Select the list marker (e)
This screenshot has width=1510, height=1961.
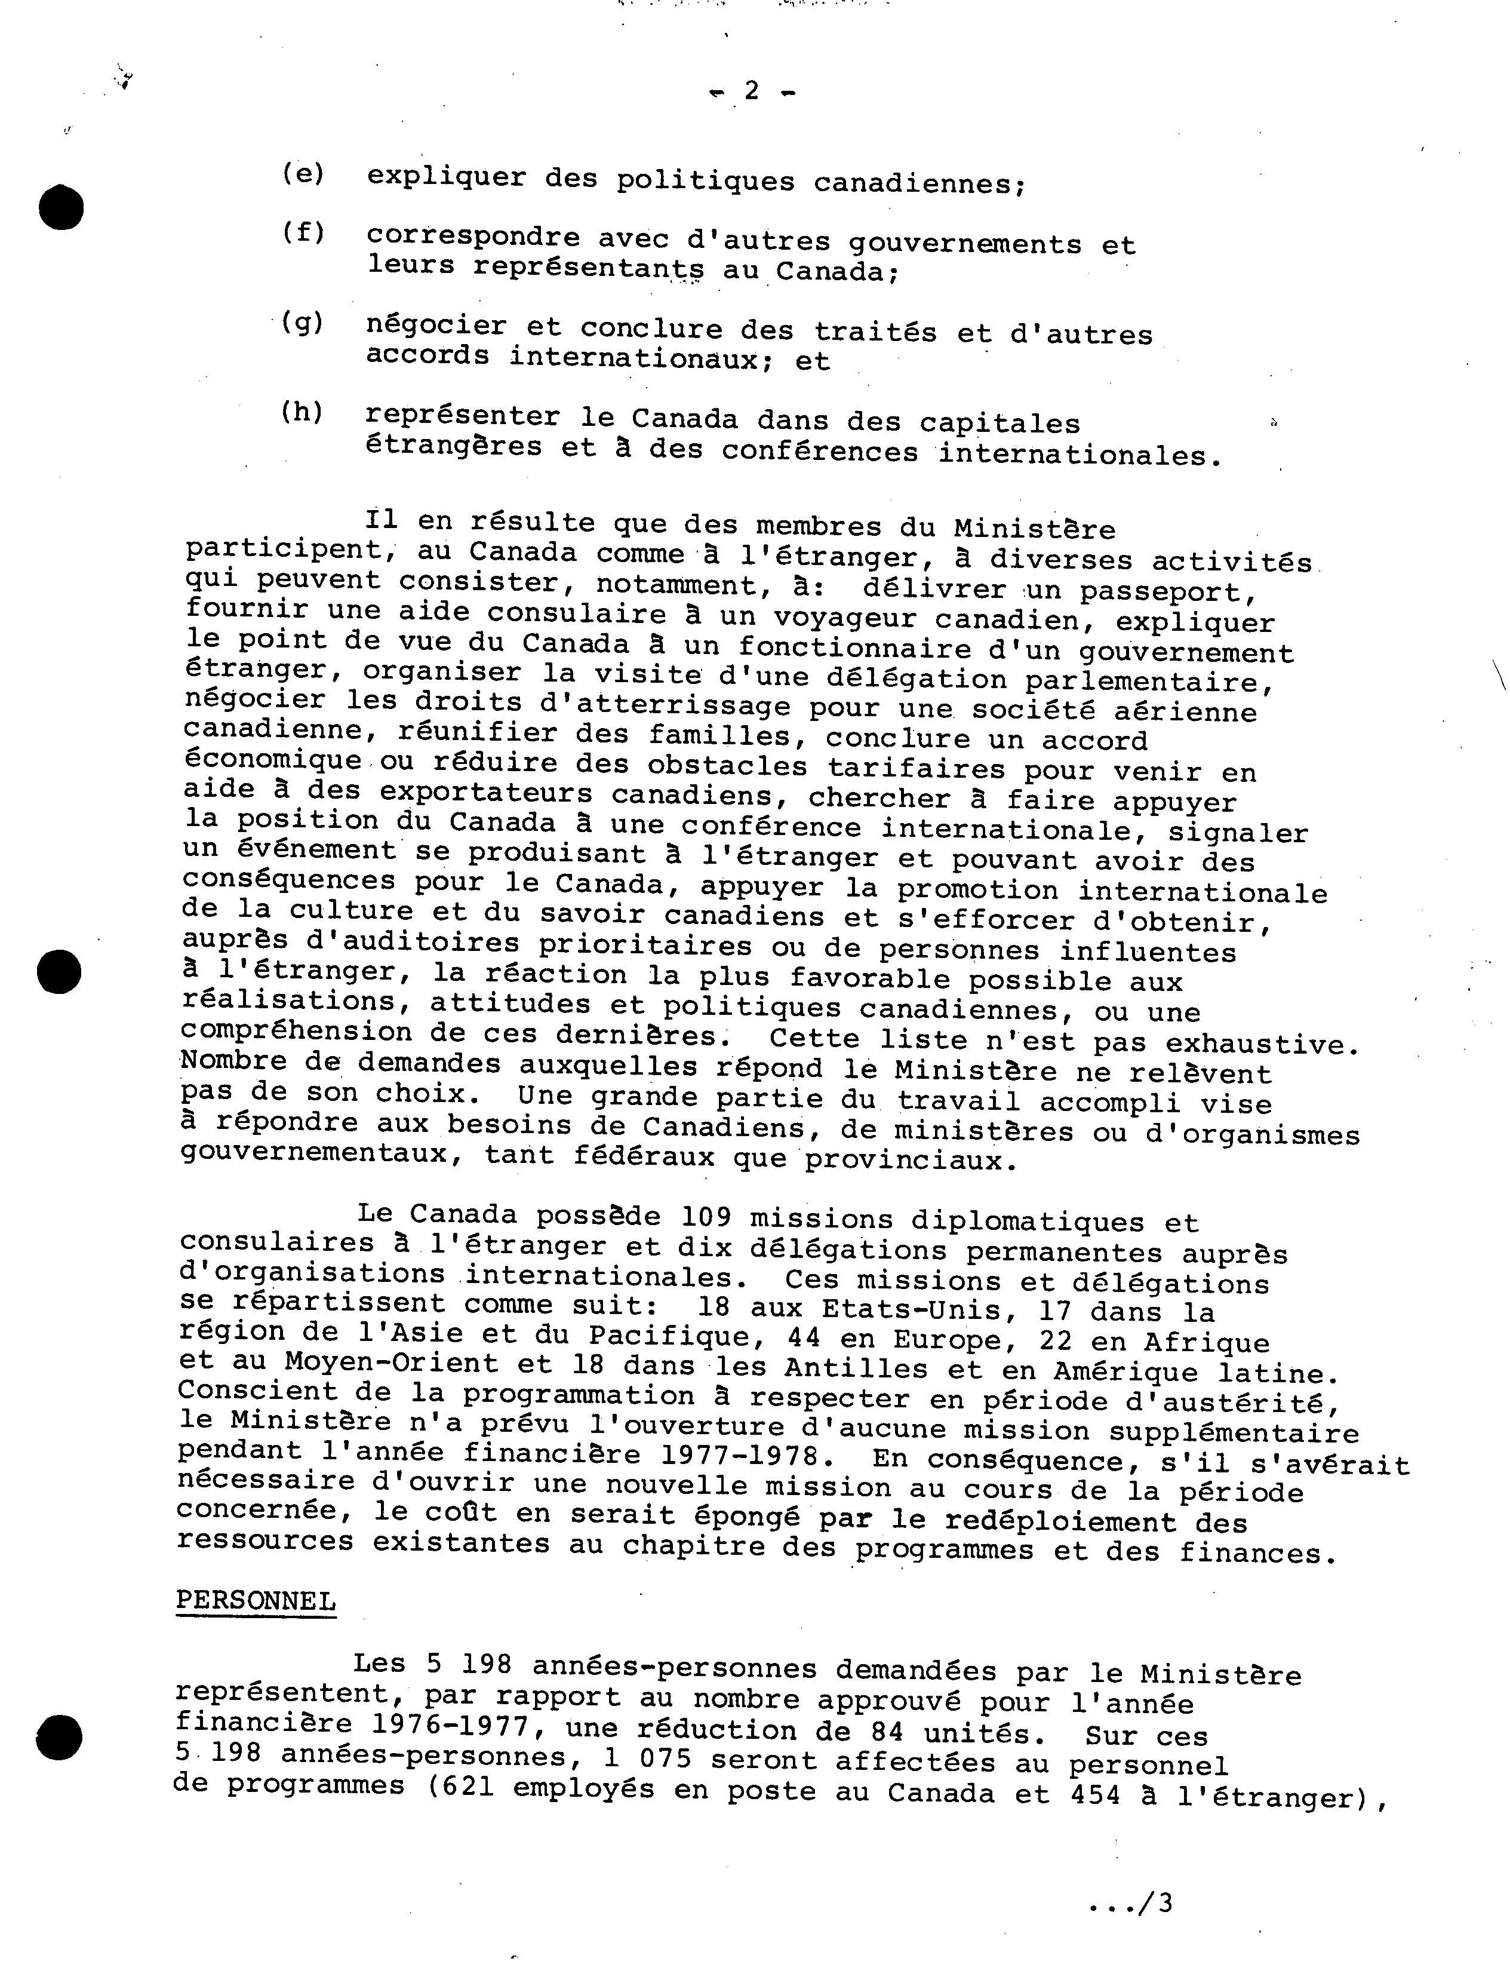coord(303,173)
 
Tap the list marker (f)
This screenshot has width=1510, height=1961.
coord(303,232)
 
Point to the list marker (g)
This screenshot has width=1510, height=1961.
coord(303,323)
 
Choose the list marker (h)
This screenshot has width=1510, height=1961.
coord(302,412)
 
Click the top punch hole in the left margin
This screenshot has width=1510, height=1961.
coord(61,207)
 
